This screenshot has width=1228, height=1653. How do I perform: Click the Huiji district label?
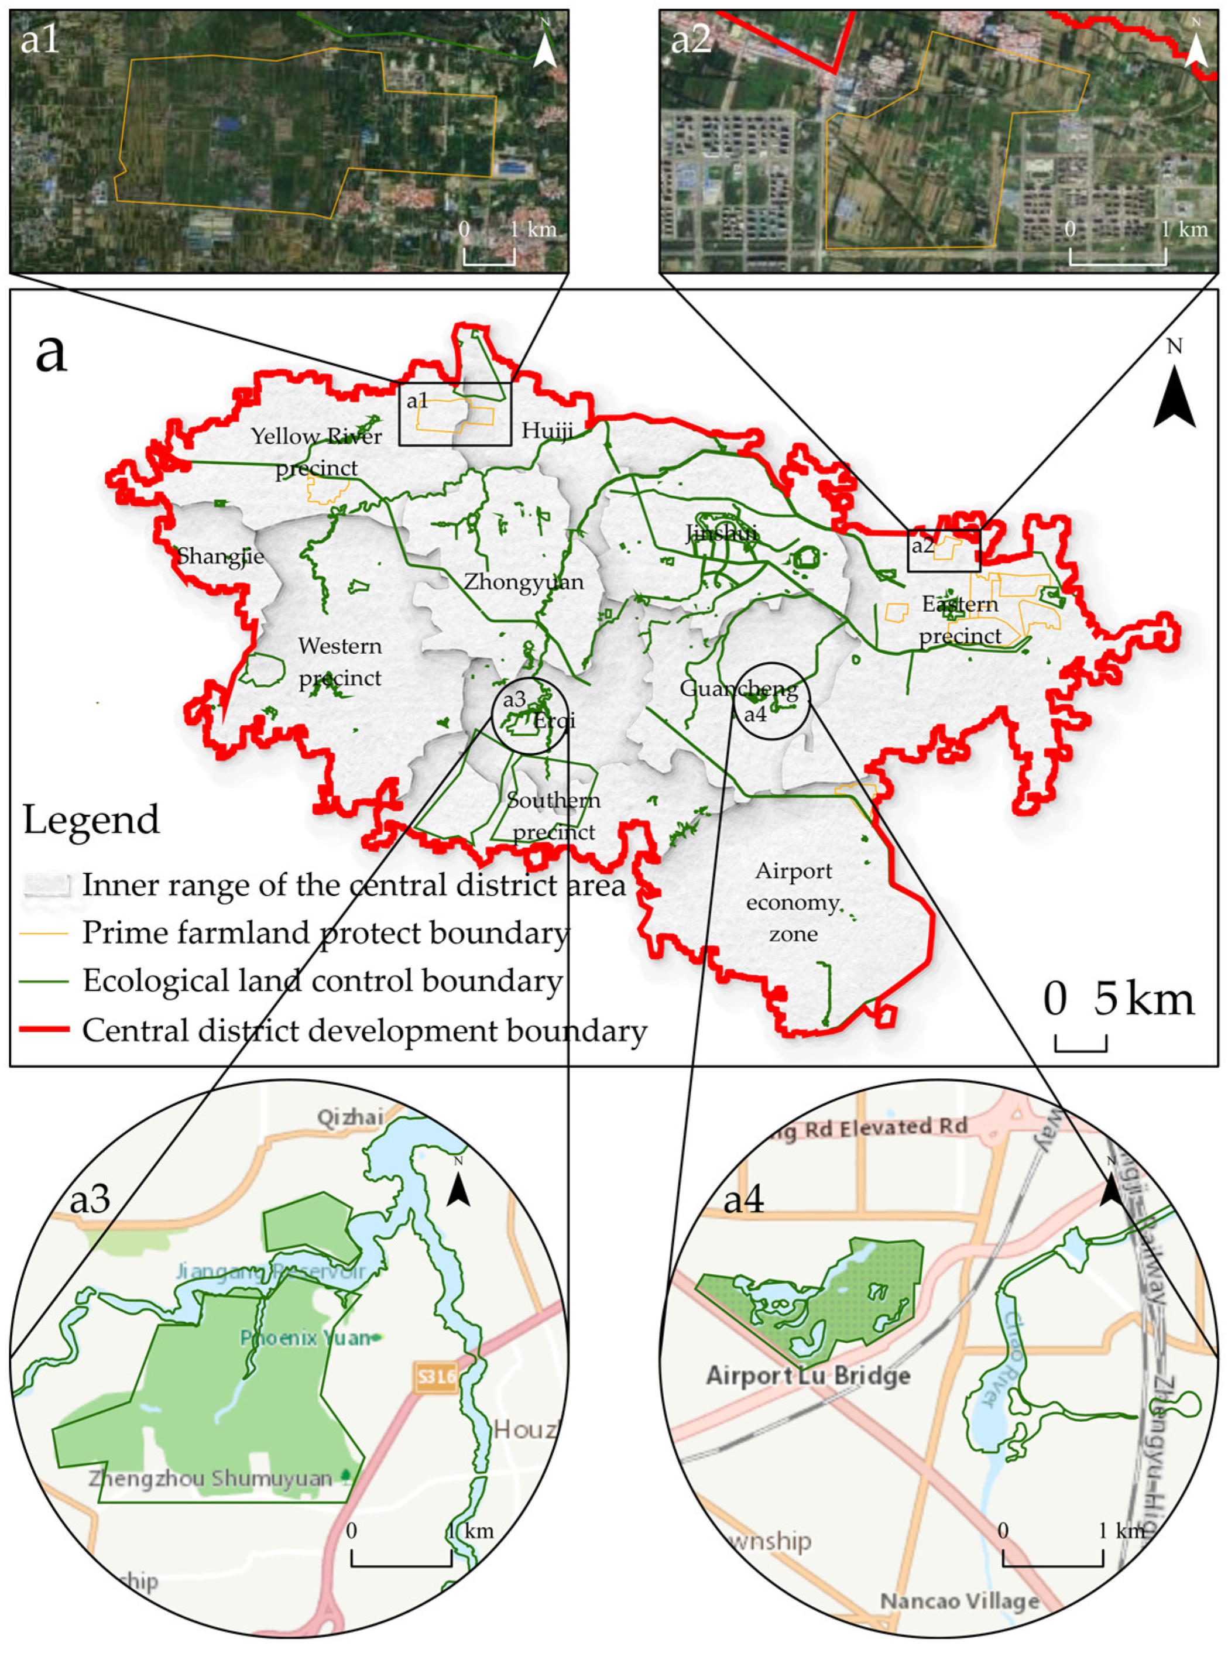point(547,430)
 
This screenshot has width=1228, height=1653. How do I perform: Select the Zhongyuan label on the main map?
point(523,581)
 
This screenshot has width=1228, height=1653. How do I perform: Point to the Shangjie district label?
point(220,556)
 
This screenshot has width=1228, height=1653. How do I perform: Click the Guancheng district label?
point(738,689)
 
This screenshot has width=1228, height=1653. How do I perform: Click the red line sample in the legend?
point(44,1030)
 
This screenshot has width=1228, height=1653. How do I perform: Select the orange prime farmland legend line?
point(44,933)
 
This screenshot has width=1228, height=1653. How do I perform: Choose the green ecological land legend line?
point(44,981)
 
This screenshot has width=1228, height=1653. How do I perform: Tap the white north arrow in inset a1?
point(545,47)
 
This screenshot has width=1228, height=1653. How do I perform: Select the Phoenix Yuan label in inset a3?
point(305,1338)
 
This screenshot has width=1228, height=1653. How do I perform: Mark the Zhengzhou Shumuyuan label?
point(210,1479)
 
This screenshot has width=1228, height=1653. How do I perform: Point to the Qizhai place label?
point(350,1116)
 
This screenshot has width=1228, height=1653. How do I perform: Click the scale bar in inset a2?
point(1117,256)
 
